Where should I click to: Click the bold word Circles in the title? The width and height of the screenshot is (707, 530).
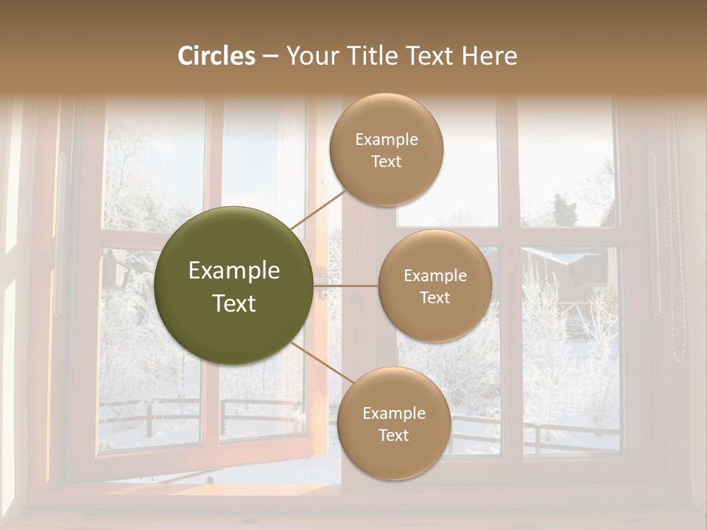[x=217, y=56]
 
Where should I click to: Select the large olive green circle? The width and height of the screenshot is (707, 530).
[x=233, y=286]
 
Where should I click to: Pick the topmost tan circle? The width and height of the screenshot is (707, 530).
[x=387, y=149]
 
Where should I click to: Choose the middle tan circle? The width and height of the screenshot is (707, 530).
[x=435, y=286]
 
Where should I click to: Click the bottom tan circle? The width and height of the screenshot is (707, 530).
[x=393, y=423]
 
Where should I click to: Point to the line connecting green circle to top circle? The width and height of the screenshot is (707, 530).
[x=318, y=211]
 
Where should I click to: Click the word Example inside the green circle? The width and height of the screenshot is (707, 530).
[x=233, y=271]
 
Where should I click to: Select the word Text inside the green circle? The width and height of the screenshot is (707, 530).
[x=233, y=303]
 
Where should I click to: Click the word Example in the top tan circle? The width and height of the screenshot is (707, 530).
[x=387, y=140]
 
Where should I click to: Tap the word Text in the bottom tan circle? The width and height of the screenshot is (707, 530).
[x=393, y=435]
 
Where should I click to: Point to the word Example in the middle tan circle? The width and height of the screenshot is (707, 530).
[x=435, y=276]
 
